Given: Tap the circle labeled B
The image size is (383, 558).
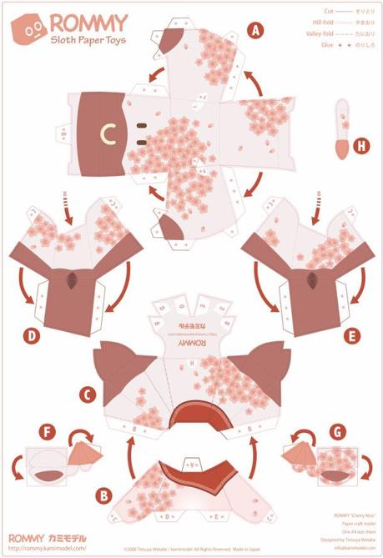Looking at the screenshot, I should point(103,495).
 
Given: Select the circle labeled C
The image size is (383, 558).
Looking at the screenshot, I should point(88,390).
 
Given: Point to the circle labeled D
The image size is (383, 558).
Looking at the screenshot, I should point(33,336).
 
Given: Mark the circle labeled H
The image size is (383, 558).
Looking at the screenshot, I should point(360,146).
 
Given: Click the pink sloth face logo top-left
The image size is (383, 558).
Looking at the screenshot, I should point(29,29).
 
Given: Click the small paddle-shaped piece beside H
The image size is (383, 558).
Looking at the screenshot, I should point(340,129).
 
